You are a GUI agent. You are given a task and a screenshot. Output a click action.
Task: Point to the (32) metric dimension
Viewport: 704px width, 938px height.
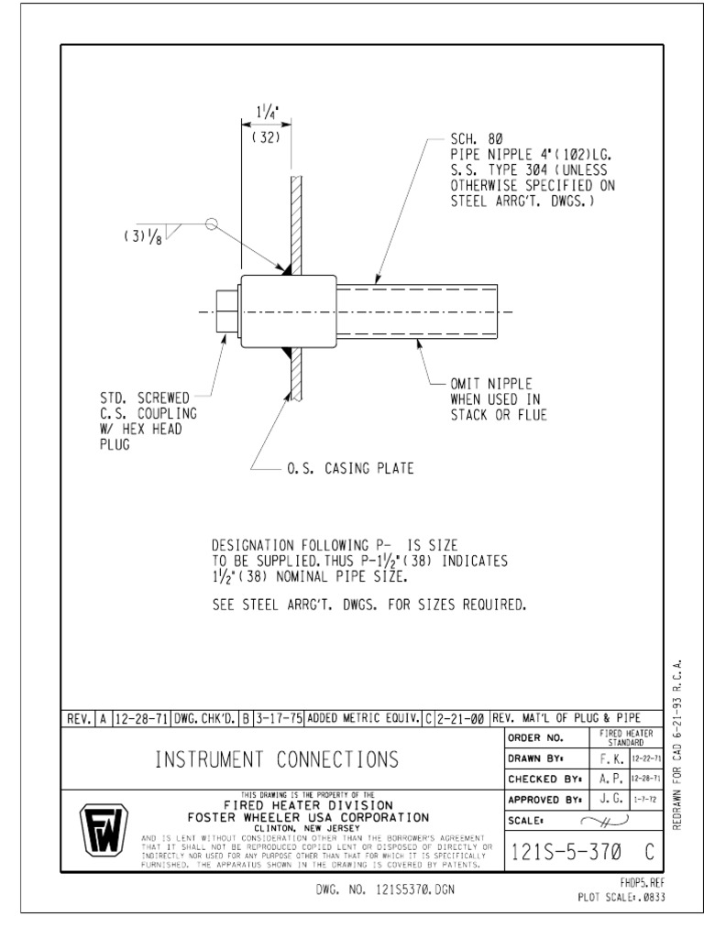coord(266,137)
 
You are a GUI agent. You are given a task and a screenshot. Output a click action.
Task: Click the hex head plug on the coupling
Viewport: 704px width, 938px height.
coord(226,312)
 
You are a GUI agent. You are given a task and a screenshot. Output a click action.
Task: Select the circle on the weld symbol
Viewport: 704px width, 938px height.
coord(210,223)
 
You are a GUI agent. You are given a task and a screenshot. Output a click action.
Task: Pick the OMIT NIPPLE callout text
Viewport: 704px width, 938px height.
coord(491,384)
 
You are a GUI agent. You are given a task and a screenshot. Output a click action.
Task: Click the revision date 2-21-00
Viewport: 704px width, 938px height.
coord(462,718)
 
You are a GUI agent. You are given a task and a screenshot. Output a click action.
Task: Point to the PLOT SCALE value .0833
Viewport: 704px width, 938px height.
coord(650,897)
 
